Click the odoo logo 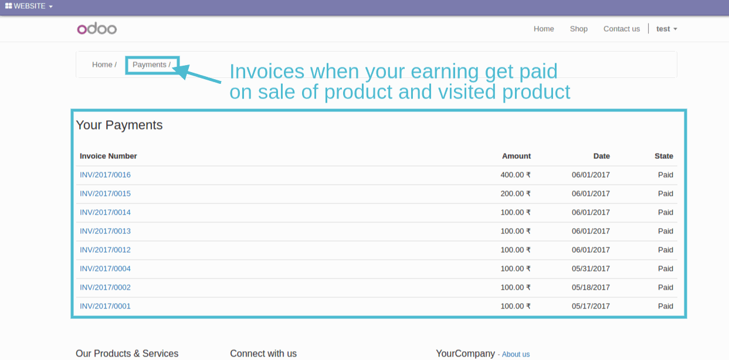coord(97,29)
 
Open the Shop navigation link coord(579,29)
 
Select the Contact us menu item coord(622,29)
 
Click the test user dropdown coord(666,29)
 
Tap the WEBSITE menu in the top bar coord(29,6)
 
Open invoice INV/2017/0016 coord(105,175)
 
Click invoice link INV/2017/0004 coord(105,269)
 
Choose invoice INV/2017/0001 coord(105,306)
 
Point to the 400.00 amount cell coord(516,175)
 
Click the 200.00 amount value coord(516,193)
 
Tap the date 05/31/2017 coord(591,269)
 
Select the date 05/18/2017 coord(591,287)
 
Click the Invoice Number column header coord(108,156)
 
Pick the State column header coord(664,156)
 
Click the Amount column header coord(516,156)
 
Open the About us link coord(516,354)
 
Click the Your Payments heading coord(119,125)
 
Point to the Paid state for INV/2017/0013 coord(666,231)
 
